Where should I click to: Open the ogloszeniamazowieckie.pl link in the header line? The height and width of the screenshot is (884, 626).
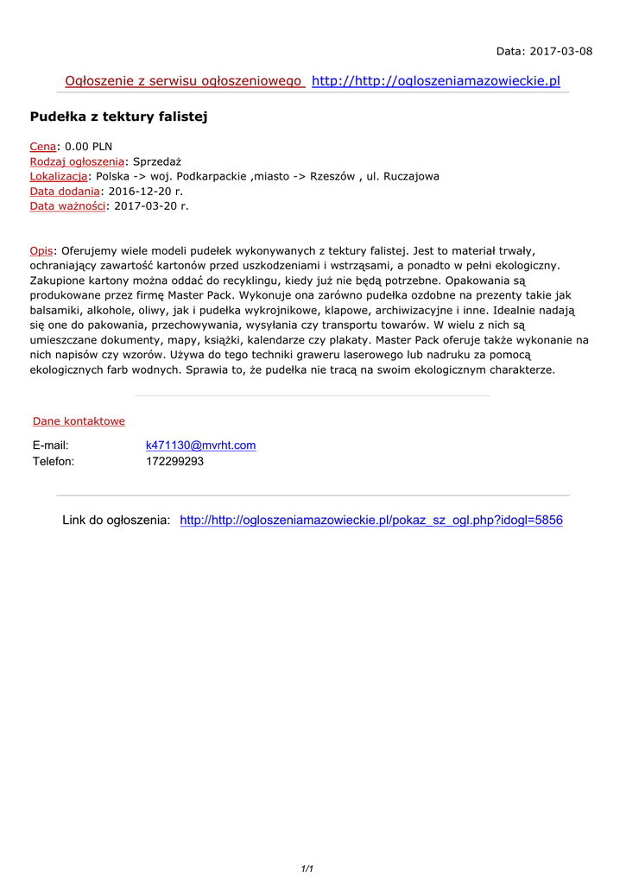(435, 81)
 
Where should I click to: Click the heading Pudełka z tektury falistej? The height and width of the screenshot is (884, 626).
(118, 117)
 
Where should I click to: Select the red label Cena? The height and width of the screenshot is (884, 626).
(42, 147)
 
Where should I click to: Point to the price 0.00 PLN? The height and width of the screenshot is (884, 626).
(89, 147)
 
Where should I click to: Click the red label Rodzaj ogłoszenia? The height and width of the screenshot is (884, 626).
(77, 161)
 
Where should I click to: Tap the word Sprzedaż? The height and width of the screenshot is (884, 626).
(156, 161)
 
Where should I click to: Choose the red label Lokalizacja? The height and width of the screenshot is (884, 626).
(58, 176)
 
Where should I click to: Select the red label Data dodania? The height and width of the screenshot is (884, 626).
(63, 191)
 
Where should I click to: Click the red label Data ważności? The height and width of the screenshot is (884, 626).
(67, 205)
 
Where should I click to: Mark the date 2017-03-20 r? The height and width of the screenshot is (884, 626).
(151, 205)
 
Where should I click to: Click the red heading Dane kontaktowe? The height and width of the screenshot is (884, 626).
(79, 421)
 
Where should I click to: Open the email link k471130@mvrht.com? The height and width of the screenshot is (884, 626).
(200, 445)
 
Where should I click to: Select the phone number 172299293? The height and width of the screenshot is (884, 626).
(174, 461)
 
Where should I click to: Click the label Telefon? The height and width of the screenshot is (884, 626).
(54, 461)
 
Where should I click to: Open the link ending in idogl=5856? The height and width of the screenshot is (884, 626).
(370, 521)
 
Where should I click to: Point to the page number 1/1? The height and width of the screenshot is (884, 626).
(307, 868)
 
